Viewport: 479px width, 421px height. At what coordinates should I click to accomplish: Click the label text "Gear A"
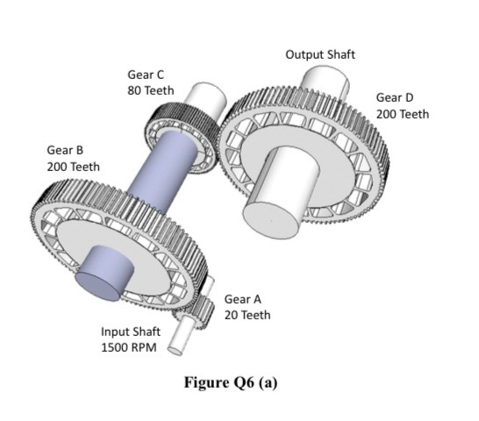coord(242,299)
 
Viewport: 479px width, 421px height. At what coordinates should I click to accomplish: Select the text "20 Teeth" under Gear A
coord(247,315)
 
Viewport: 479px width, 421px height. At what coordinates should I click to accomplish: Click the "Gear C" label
coord(146,75)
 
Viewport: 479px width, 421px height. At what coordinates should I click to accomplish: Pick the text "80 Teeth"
coord(151,90)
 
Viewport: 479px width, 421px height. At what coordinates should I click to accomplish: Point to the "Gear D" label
coord(395,97)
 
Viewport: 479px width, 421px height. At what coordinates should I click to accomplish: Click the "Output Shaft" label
coord(320,54)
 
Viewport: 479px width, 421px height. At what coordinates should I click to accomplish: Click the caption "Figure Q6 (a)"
coord(231,383)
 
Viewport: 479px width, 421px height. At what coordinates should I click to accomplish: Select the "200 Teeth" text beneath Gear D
coord(403,114)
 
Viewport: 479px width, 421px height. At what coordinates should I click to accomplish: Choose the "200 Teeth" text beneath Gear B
coord(74,167)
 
